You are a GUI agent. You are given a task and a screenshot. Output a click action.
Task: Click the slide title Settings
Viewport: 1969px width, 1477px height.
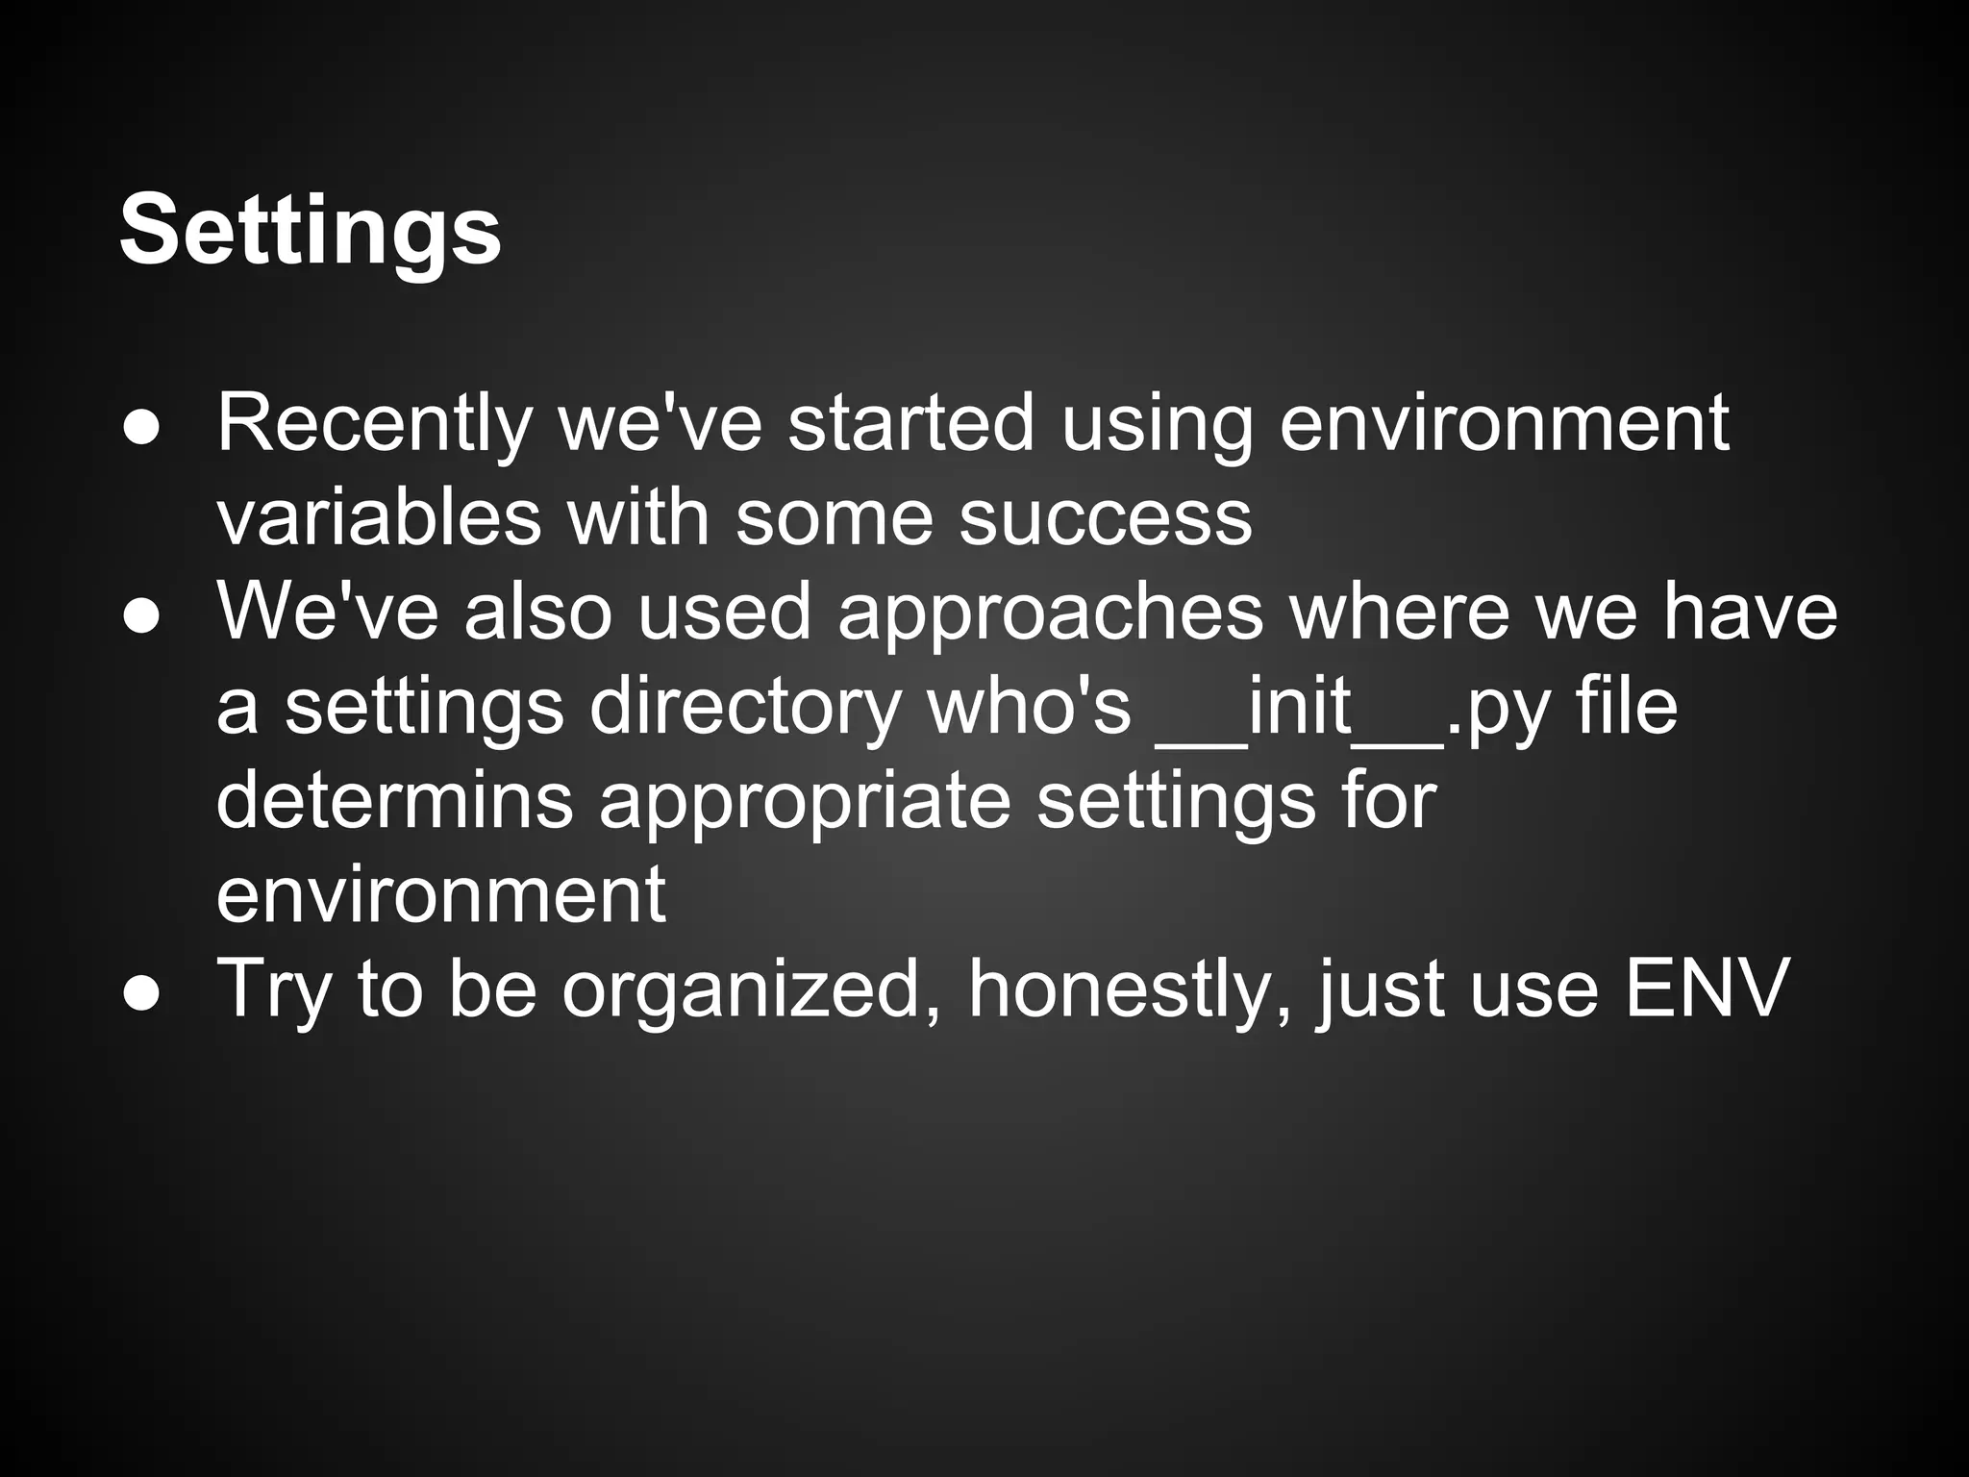pyautogui.click(x=310, y=232)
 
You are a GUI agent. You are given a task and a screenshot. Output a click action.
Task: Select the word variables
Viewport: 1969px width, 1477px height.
pyautogui.click(x=379, y=517)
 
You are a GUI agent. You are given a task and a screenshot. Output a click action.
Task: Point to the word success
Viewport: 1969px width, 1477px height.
pyautogui.click(x=1106, y=517)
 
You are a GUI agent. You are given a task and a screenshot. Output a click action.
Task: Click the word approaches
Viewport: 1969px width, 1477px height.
pyautogui.click(x=1050, y=613)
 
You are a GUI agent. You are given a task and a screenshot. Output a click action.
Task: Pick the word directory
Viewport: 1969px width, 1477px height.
pyautogui.click(x=745, y=707)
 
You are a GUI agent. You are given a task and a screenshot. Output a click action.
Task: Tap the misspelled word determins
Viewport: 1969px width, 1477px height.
pyautogui.click(x=394, y=800)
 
